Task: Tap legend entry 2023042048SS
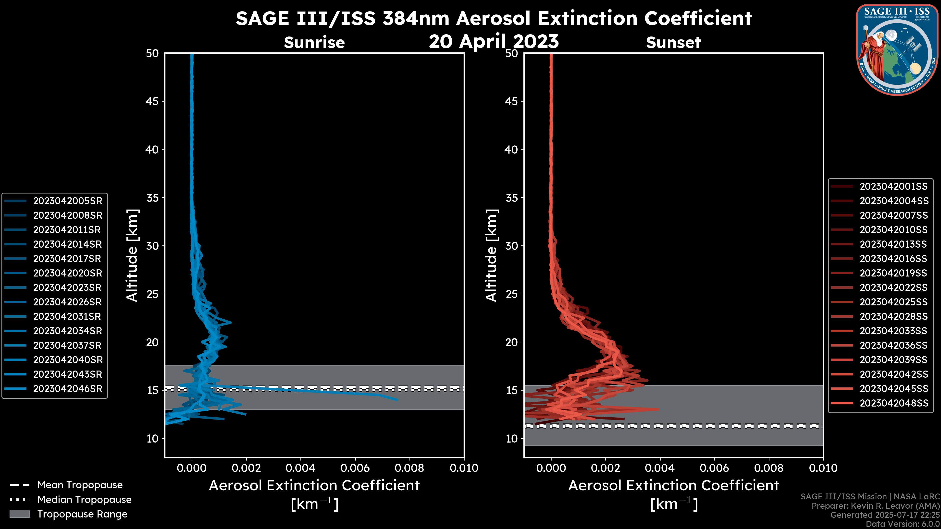[893, 403]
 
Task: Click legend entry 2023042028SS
[893, 316]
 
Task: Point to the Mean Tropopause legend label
[80, 485]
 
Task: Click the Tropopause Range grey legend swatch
[19, 514]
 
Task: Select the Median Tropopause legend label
[84, 499]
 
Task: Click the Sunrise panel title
[314, 43]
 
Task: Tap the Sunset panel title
[673, 43]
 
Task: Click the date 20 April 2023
[494, 41]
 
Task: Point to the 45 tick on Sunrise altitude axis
[152, 101]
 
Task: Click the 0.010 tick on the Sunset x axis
[823, 468]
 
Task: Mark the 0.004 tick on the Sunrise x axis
[301, 468]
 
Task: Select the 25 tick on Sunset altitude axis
[511, 294]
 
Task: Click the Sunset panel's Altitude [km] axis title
[491, 255]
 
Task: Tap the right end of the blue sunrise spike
[397, 399]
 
